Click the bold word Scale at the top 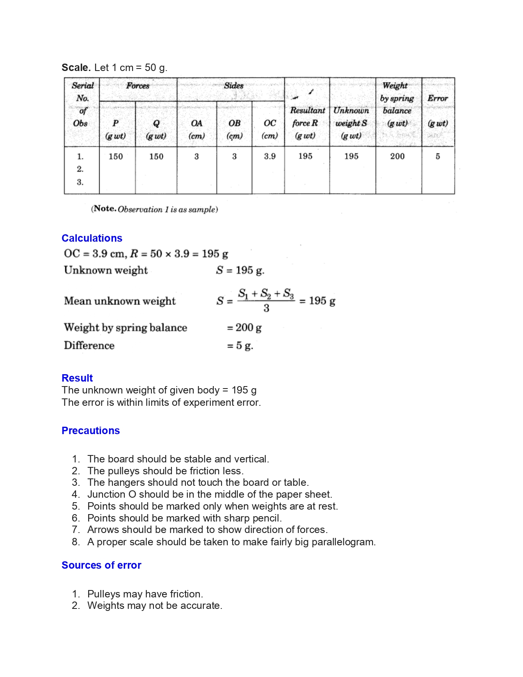(x=76, y=68)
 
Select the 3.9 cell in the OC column (x=269, y=156)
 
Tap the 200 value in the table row (x=397, y=156)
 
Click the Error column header (x=437, y=98)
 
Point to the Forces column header (x=137, y=86)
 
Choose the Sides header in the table (x=233, y=86)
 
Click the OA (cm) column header (x=196, y=129)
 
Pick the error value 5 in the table (x=438, y=156)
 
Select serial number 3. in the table (x=80, y=182)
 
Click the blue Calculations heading (x=92, y=238)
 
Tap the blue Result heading (x=77, y=378)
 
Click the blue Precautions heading (x=91, y=430)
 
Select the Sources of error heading (x=101, y=565)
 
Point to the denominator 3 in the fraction (x=266, y=309)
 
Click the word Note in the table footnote (x=105, y=209)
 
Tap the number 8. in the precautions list (x=76, y=542)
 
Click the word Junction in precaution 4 (x=106, y=494)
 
